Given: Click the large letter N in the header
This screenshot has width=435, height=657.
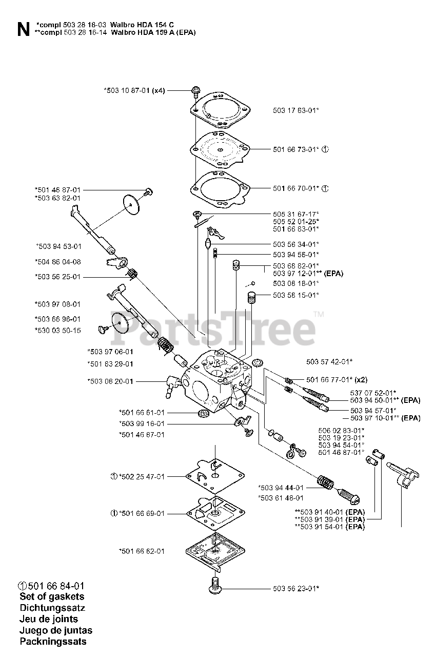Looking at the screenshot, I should pos(23,29).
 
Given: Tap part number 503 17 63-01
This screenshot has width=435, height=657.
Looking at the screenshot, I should pos(295,110).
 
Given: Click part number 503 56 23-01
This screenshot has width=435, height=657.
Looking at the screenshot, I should pos(295,588).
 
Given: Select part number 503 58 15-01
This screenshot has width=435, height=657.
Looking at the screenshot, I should pos(295,295).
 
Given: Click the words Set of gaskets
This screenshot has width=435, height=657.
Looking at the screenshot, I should pos(52,596).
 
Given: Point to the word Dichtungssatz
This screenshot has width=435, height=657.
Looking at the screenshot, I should pos(52,608).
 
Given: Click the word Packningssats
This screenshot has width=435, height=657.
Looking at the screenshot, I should pos(53,641).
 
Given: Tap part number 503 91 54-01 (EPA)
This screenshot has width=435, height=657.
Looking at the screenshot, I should pos(330,527).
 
